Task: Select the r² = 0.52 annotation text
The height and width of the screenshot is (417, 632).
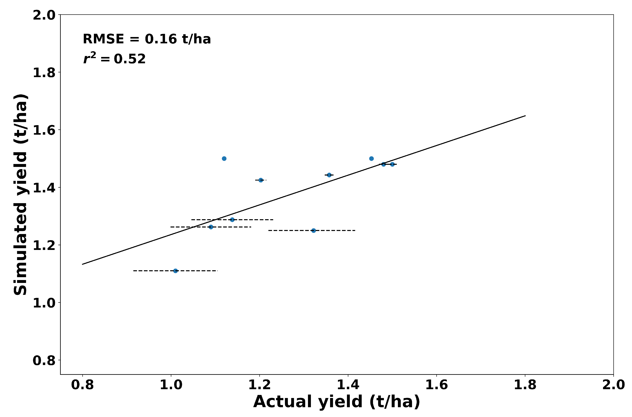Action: coord(114,59)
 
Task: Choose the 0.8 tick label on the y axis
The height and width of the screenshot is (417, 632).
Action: coord(44,360)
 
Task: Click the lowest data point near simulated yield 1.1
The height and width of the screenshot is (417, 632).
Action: coord(175,271)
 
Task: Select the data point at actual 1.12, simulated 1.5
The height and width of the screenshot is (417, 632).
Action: coord(224,158)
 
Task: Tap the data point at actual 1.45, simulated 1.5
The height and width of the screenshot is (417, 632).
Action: coord(371,158)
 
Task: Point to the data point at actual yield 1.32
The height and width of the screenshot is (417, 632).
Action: coord(314,230)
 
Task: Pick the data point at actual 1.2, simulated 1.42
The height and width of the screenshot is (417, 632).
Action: coord(261,180)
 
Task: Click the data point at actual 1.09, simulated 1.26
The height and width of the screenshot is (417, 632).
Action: coord(211,227)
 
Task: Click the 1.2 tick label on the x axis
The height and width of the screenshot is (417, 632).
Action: coord(259,385)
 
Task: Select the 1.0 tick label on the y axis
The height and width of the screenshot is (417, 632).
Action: coord(44,303)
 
